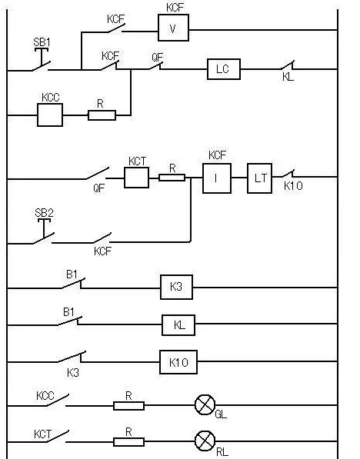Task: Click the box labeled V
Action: point(173,28)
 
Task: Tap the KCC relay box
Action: point(49,115)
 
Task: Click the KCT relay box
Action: point(136,178)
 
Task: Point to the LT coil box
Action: point(260,178)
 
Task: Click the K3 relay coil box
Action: point(176,288)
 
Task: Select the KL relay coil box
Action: point(178,324)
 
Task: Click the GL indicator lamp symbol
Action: point(205,404)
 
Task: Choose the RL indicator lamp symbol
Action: point(204,441)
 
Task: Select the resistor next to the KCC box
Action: point(102,115)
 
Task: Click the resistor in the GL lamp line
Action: point(128,404)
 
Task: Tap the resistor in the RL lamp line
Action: point(128,441)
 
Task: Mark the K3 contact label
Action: point(73,371)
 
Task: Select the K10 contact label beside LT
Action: point(294,186)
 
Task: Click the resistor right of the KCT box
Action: point(172,178)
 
